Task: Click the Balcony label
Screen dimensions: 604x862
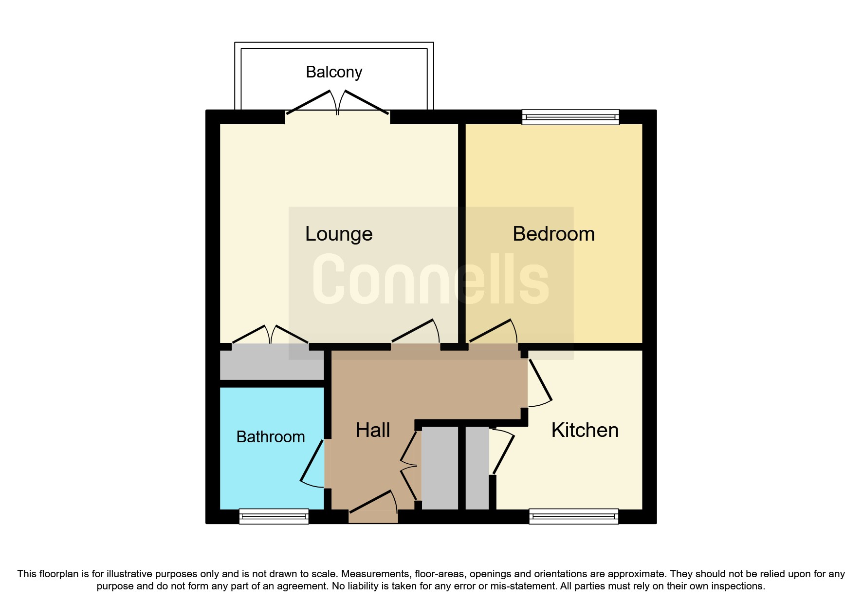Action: tap(334, 72)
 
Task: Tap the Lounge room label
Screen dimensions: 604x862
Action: tap(339, 234)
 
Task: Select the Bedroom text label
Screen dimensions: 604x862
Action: tap(553, 234)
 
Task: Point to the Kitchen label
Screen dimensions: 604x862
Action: tap(585, 431)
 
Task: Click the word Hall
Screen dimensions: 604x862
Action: tap(373, 431)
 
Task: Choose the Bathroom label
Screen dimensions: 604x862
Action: tap(271, 437)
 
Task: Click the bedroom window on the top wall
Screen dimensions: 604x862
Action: tap(570, 117)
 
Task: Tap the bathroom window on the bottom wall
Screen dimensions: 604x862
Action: tap(274, 516)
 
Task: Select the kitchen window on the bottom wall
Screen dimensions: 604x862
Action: tap(573, 516)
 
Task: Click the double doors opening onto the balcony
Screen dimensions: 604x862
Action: tap(337, 103)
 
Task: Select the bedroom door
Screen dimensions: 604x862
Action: tap(493, 334)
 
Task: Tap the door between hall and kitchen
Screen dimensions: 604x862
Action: tap(539, 382)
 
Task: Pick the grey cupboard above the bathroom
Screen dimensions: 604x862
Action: tap(272, 365)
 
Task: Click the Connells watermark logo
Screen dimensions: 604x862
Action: tap(431, 280)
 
